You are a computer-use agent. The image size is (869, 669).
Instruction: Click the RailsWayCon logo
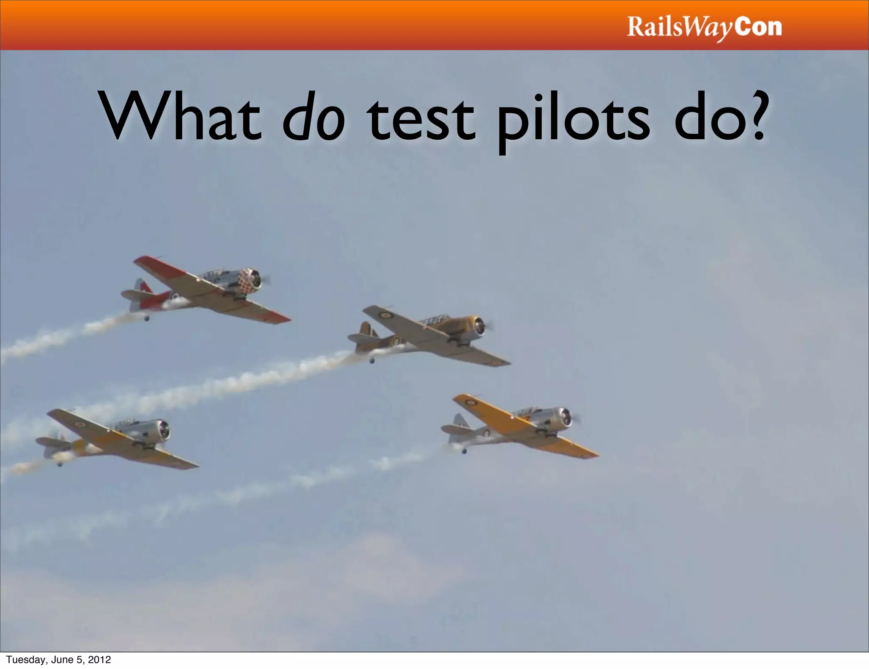[704, 27]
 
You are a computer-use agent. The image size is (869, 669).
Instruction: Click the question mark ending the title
[754, 115]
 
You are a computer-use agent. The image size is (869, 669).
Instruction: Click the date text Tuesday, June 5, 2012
[59, 659]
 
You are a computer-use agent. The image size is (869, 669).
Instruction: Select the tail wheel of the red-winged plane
[147, 318]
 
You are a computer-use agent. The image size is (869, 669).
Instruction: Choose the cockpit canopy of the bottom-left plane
[123, 424]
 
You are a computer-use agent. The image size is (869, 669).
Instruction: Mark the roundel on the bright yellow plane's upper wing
[470, 402]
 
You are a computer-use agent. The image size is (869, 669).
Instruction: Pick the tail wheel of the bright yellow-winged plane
[464, 451]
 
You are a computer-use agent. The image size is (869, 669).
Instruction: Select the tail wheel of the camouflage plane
[372, 361]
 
